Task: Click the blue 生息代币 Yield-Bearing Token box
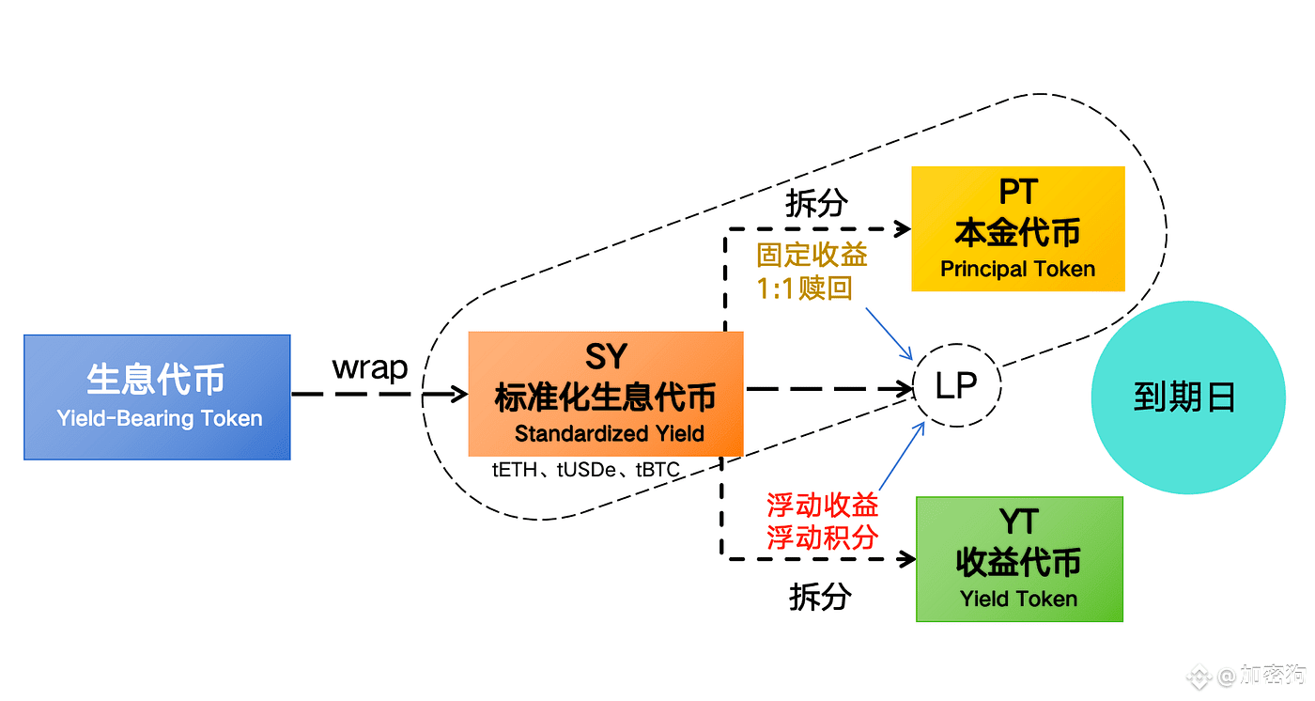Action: (157, 397)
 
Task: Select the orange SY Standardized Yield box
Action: (605, 394)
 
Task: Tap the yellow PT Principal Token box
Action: (1017, 228)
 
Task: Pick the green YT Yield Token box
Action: (1019, 559)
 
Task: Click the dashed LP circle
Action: (957, 385)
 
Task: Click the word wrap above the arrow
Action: (370, 367)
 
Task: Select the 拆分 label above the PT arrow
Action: (816, 203)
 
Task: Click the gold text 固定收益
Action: (812, 255)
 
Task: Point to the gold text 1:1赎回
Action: (805, 287)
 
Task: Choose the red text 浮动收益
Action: (823, 505)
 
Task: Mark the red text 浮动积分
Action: (823, 537)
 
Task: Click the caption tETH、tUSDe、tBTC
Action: (585, 470)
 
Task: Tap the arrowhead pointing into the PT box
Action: (904, 228)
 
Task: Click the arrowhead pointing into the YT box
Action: (907, 559)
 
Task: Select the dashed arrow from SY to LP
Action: (827, 387)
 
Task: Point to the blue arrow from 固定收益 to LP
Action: (889, 333)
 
